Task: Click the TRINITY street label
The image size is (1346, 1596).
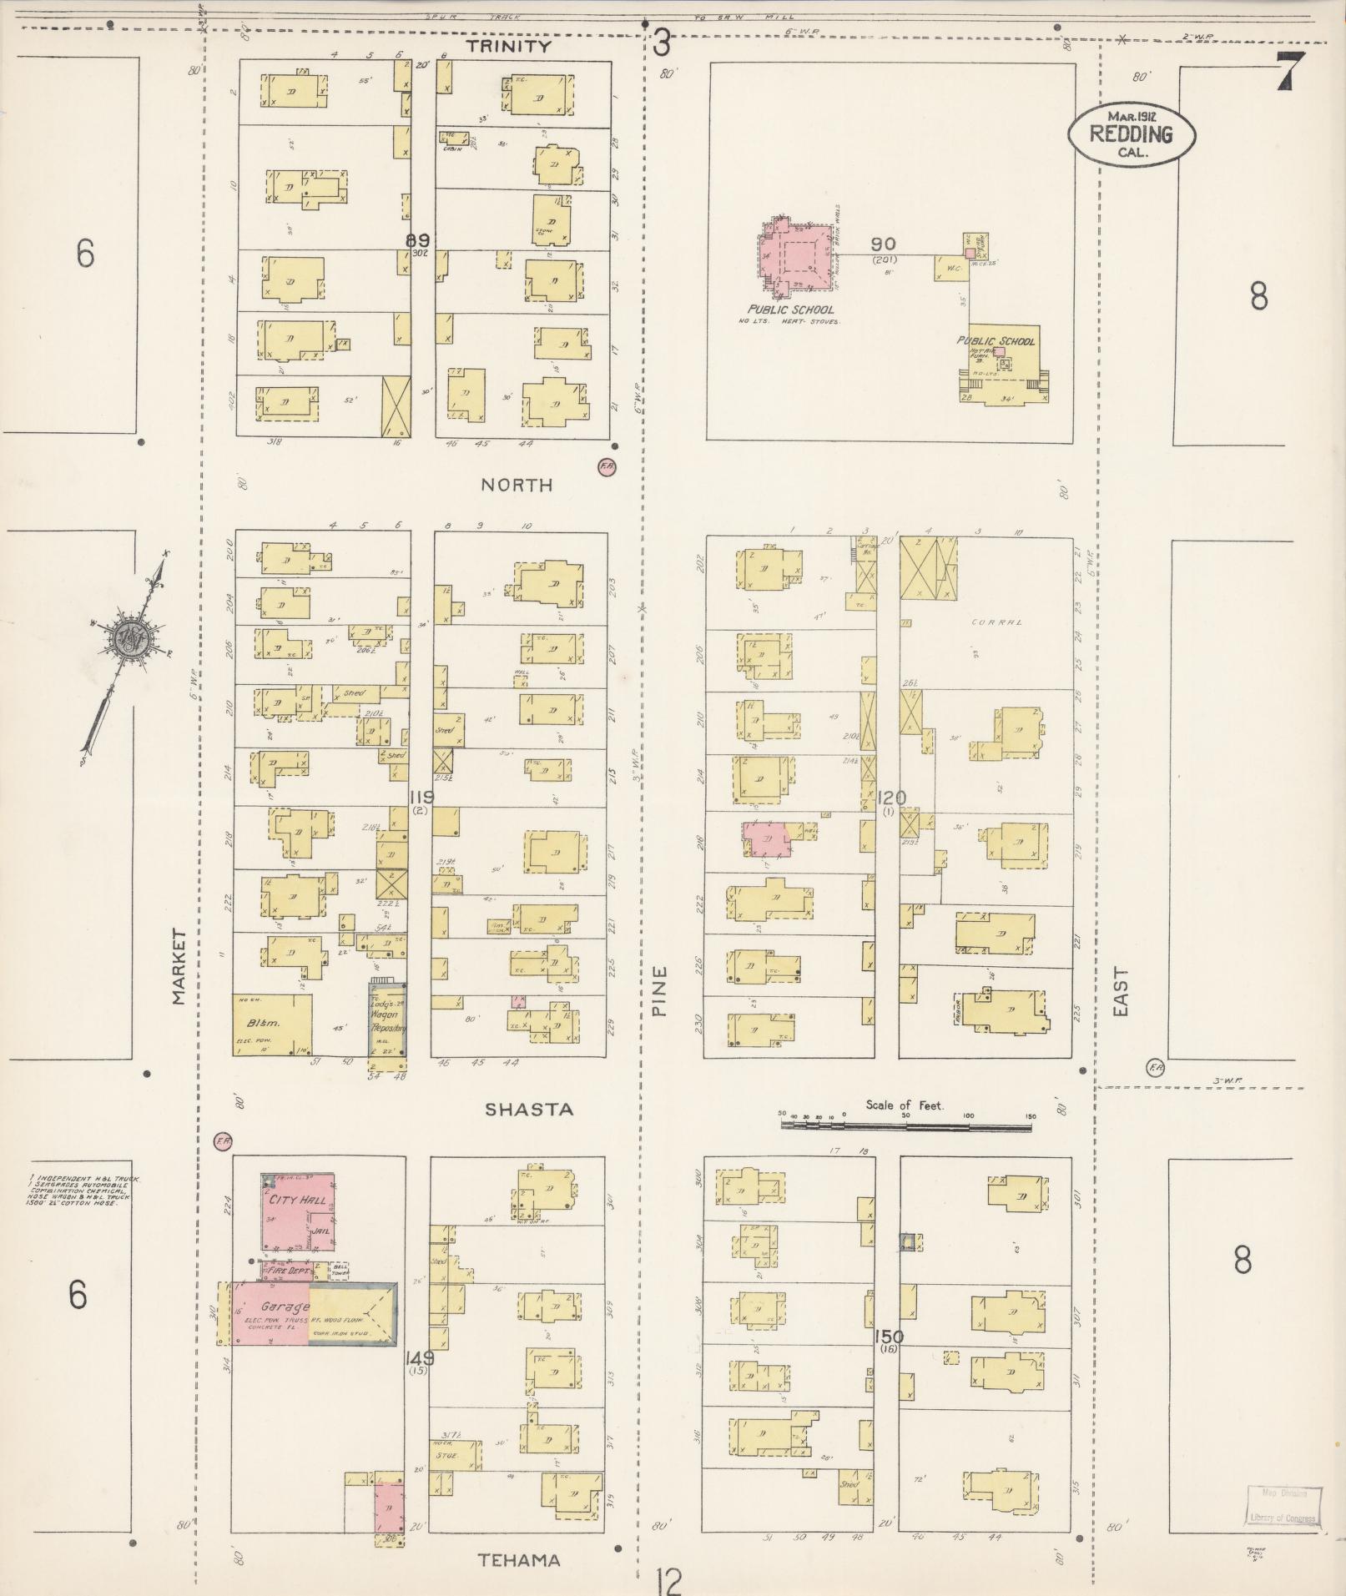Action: click(508, 47)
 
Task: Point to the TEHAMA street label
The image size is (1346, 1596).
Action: click(519, 1560)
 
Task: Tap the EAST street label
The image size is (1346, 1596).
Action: click(1120, 991)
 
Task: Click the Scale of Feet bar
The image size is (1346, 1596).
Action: click(905, 1125)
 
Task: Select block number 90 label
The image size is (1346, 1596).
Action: click(884, 244)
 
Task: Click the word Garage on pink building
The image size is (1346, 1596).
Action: click(284, 1307)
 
